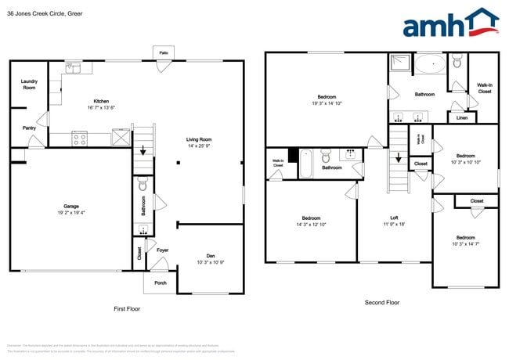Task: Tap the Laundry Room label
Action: [28, 85]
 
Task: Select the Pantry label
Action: [28, 128]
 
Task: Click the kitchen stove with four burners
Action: [80, 139]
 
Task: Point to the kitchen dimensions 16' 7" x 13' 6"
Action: [101, 109]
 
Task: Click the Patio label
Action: [164, 52]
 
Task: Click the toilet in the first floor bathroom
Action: [143, 185]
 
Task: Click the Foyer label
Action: [162, 250]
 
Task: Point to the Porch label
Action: [160, 283]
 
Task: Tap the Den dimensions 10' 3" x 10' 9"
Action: [211, 262]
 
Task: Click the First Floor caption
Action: [126, 309]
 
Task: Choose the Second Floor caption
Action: [381, 302]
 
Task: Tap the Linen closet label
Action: [461, 118]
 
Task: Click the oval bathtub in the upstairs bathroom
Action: [429, 63]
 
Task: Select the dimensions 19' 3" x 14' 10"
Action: [327, 103]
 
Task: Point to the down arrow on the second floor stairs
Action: [399, 160]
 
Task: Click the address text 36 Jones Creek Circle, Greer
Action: [45, 13]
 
